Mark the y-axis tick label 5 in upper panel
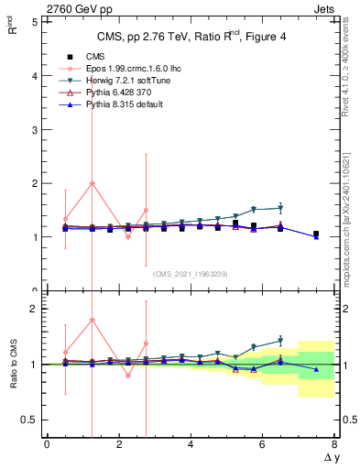coord(34,21)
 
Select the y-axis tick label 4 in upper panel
coord(34,75)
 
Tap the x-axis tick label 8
coord(334,443)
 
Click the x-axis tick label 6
coord(262,443)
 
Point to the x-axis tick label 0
coord(47,443)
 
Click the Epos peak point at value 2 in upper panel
coord(92,183)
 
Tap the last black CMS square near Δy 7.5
coord(316,234)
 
